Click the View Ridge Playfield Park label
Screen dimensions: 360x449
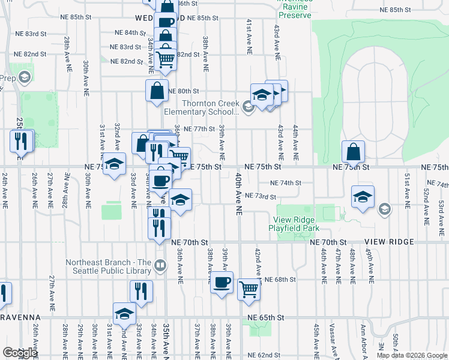point(295,223)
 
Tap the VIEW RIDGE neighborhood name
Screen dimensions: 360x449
point(389,242)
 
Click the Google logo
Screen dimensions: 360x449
point(19,353)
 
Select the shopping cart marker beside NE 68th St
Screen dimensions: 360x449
point(249,290)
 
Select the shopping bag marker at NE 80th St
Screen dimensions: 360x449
point(157,91)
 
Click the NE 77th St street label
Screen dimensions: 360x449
point(199,129)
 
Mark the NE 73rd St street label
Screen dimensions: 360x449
point(261,196)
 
